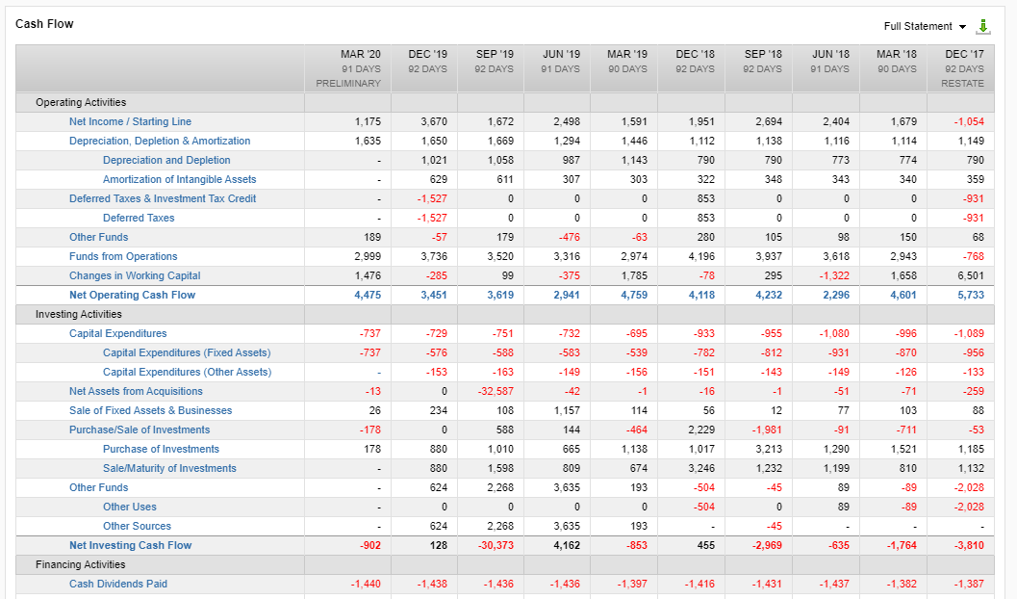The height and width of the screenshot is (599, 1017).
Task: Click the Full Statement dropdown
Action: coord(925,26)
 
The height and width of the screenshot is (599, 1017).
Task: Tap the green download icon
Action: coord(983,26)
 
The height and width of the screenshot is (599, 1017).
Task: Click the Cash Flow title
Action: coord(44,23)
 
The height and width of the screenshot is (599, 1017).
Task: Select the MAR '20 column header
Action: coord(360,55)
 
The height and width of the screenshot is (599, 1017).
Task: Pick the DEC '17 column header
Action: coord(964,55)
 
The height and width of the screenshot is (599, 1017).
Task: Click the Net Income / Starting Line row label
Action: coord(130,121)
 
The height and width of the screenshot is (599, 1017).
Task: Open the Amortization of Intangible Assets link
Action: coord(179,179)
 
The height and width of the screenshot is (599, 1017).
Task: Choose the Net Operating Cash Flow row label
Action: coord(132,295)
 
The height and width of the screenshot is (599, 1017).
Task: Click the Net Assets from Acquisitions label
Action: coord(136,391)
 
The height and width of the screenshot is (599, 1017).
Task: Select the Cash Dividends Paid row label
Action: coord(117,584)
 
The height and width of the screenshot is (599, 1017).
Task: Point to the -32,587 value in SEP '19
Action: coord(496,391)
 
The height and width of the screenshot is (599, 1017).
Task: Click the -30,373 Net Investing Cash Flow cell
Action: coord(496,545)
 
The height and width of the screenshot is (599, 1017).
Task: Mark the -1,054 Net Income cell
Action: coord(969,121)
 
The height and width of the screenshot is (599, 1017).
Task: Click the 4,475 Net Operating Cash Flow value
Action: coord(368,295)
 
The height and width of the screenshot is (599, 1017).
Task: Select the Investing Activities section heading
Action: coord(79,314)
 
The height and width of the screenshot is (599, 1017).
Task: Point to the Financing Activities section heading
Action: coord(80,564)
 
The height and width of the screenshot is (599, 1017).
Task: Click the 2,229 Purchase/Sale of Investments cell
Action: coord(700,430)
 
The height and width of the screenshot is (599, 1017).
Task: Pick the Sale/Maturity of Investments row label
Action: coord(169,468)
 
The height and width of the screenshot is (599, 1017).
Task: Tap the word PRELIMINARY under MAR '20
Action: coord(348,84)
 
